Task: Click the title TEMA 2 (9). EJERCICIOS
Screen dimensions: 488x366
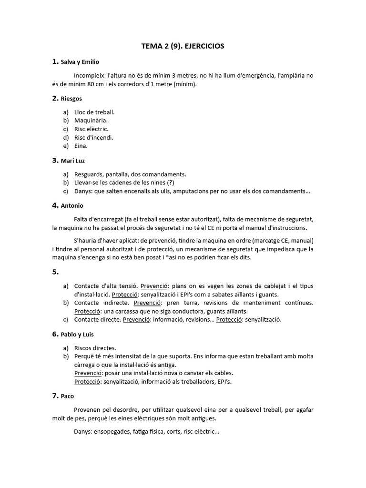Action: [183, 46]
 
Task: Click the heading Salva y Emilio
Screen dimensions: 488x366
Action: [80, 62]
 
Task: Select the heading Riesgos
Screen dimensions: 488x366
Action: [71, 99]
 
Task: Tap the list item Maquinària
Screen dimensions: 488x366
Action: [91, 121]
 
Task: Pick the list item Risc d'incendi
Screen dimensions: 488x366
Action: [94, 138]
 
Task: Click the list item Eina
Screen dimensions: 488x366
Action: [81, 146]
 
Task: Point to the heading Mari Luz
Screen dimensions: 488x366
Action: [73, 161]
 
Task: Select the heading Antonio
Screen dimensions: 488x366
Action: [72, 206]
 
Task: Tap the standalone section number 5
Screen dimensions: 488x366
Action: [55, 272]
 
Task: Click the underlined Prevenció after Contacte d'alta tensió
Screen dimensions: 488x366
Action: [154, 286]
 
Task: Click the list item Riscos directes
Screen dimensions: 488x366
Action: [95, 348]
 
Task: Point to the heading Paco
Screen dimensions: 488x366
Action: [67, 396]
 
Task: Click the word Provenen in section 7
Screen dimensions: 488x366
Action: [87, 410]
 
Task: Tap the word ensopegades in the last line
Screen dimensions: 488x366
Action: [115, 432]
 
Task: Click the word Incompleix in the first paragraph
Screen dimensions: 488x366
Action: [90, 76]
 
